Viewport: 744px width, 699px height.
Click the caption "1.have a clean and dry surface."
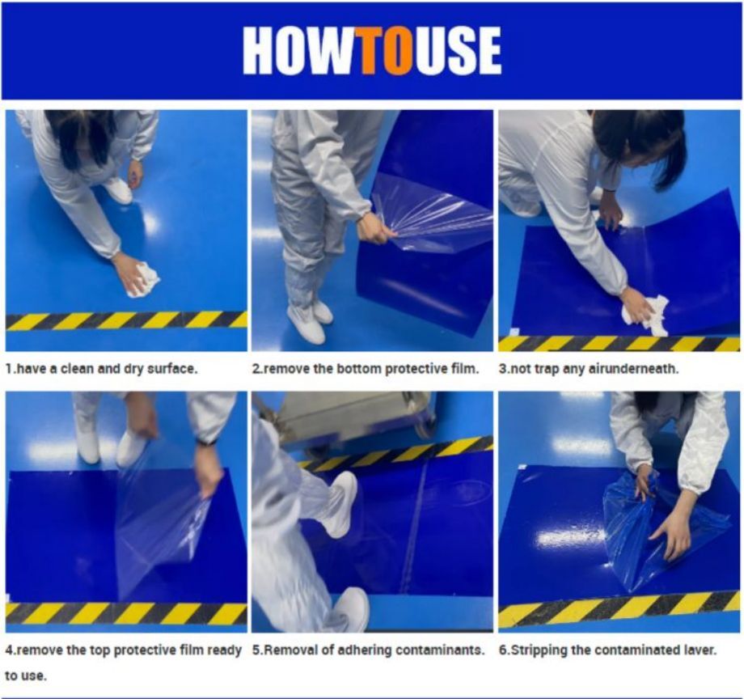click(102, 368)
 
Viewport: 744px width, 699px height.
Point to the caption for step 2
click(366, 368)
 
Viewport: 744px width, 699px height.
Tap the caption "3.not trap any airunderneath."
click(588, 368)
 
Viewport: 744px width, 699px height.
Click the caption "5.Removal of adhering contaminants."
click(368, 650)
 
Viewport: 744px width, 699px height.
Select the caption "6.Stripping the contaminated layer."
click(607, 650)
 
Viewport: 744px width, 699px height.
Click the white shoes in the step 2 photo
click(311, 320)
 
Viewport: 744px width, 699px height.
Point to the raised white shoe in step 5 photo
click(340, 501)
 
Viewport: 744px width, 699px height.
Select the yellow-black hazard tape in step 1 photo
click(126, 320)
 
